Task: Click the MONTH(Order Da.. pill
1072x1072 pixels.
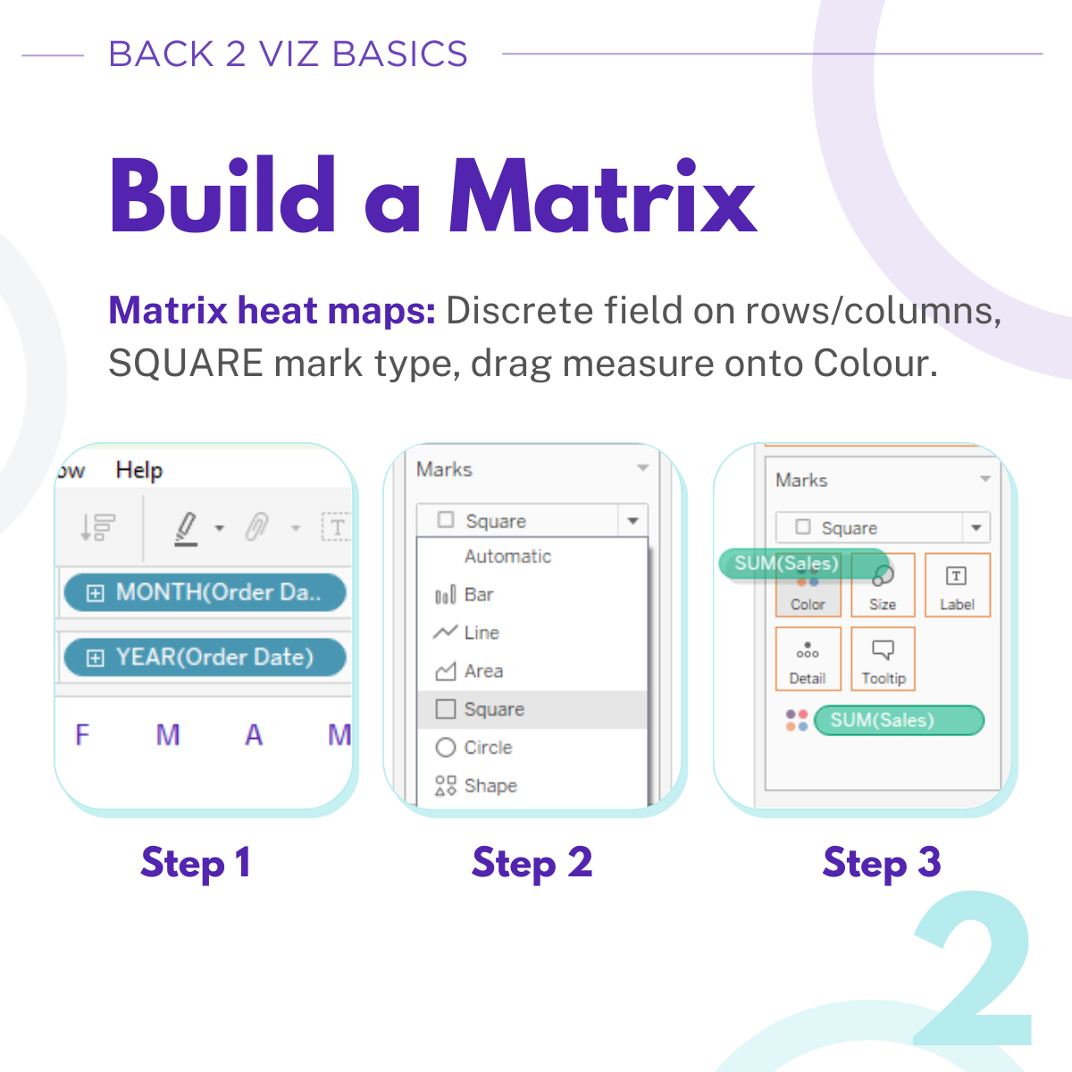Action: pyautogui.click(x=205, y=592)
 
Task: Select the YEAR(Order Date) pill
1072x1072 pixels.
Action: pyautogui.click(x=205, y=657)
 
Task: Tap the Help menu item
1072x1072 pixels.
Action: pyautogui.click(x=139, y=471)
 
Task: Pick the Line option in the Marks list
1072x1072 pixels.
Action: pyautogui.click(x=466, y=632)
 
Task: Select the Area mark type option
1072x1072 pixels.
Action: pyautogui.click(x=469, y=671)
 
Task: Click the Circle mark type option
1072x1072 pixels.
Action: pyautogui.click(x=473, y=747)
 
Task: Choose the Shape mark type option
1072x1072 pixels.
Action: pyautogui.click(x=476, y=785)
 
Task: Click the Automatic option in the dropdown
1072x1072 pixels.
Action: pyautogui.click(x=507, y=557)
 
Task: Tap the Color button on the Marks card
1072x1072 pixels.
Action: pyautogui.click(x=808, y=585)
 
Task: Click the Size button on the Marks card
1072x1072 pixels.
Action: pyautogui.click(x=883, y=585)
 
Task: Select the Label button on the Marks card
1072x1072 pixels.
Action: pyautogui.click(x=958, y=585)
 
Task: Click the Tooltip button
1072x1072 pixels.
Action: pyautogui.click(x=883, y=659)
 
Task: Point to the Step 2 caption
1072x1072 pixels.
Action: pyautogui.click(x=532, y=863)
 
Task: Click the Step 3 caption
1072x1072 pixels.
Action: pyautogui.click(x=882, y=863)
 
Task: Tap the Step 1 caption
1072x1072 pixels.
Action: pyautogui.click(x=196, y=863)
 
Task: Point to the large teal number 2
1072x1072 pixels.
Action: pyautogui.click(x=973, y=968)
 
